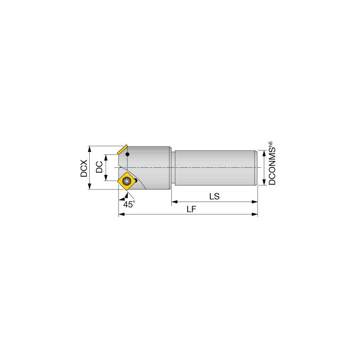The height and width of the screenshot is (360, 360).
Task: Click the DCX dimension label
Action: pyautogui.click(x=84, y=168)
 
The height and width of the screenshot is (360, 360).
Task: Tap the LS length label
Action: pyautogui.click(x=215, y=197)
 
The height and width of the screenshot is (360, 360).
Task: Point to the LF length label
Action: pyautogui.click(x=191, y=210)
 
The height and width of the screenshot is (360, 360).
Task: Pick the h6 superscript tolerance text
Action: pyautogui.click(x=270, y=145)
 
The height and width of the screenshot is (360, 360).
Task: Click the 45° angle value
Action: pyautogui.click(x=129, y=204)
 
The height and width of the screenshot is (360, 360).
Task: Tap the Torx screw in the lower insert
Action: pyautogui.click(x=127, y=181)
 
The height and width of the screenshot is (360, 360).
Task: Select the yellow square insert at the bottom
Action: pyautogui.click(x=127, y=181)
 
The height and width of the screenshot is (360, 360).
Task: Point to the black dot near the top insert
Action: pyautogui.click(x=127, y=154)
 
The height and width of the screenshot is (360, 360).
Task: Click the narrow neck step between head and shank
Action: pyautogui.click(x=173, y=168)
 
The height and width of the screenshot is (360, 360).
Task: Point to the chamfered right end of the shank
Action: pyautogui.click(x=256, y=168)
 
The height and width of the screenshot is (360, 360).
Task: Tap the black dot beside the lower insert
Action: pyautogui.click(x=136, y=180)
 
